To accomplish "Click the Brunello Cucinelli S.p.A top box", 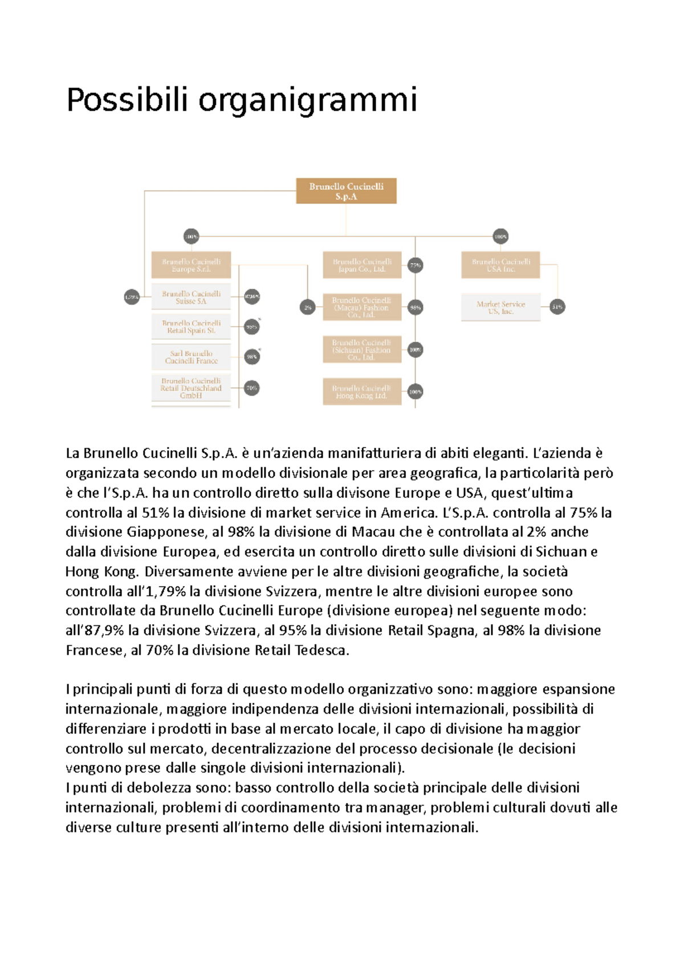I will click(346, 191).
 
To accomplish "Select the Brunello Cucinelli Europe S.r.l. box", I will click(191, 265).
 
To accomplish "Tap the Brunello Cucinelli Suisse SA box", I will click(191, 297).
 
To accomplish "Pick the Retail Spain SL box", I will click(191, 327).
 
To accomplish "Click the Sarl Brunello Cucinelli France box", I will click(191, 357).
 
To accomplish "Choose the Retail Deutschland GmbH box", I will click(191, 388).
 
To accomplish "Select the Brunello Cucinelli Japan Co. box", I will click(362, 265).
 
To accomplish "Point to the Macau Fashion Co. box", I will click(362, 307).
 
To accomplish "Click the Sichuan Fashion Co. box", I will click(362, 349).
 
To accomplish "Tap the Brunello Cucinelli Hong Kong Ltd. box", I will click(362, 392).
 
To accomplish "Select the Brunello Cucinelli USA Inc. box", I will click(500, 265).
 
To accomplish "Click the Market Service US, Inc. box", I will click(500, 307).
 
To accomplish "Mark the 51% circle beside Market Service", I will click(557, 307).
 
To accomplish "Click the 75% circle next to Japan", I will click(415, 265).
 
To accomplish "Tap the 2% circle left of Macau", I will click(308, 307).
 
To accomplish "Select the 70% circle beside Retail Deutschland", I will click(251, 388).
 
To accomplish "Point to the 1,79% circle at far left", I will click(132, 297).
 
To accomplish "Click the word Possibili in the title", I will click(127, 100).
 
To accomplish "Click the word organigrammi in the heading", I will click(308, 101).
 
